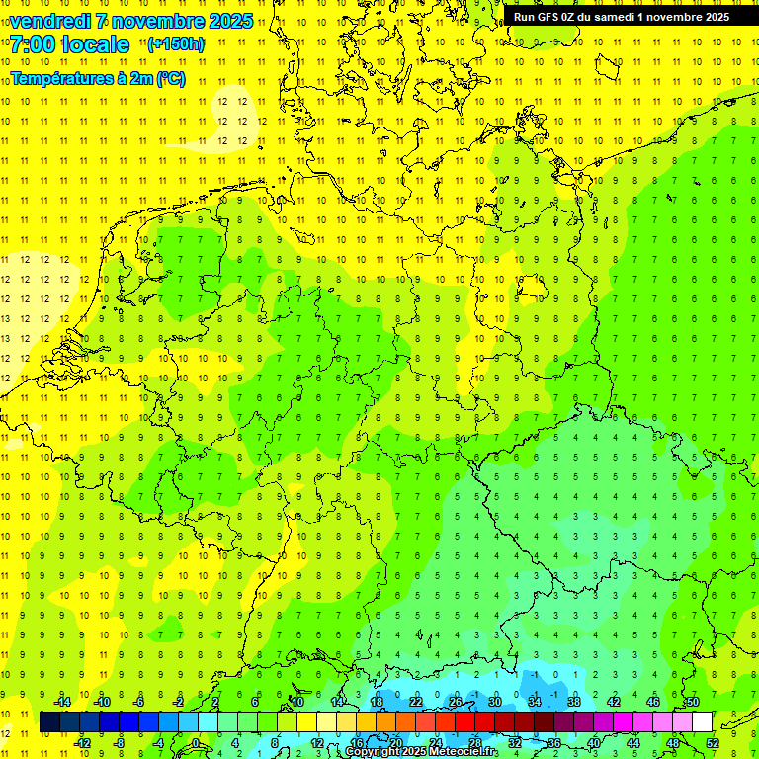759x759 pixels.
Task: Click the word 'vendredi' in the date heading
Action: [x=48, y=21]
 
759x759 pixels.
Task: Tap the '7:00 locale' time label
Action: [x=69, y=44]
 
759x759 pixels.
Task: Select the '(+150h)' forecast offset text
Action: [x=175, y=44]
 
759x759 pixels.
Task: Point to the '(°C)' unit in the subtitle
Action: [x=169, y=79]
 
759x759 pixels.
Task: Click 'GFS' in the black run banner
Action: [x=548, y=17]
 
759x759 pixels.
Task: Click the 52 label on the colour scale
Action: [x=712, y=743]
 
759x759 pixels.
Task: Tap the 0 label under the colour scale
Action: [x=195, y=743]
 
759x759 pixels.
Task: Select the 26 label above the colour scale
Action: [x=456, y=702]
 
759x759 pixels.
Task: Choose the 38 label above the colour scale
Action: [x=573, y=702]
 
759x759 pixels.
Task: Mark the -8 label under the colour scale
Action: [x=120, y=743]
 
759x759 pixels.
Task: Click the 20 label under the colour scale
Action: [x=395, y=743]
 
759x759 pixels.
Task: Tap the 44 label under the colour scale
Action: [x=632, y=743]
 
